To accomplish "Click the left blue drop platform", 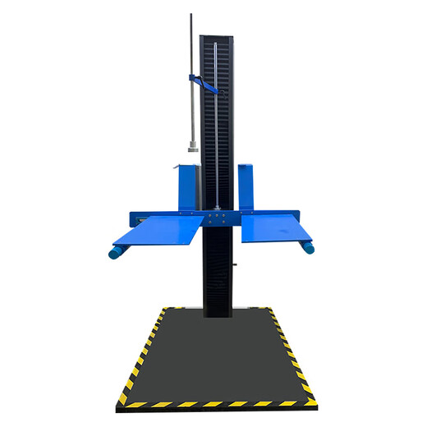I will pos(160,231).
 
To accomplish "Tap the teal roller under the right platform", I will pos(309,246).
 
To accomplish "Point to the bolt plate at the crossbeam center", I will pos(216,217).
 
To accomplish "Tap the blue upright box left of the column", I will pos(188,186).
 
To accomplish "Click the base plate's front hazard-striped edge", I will pos(215,403).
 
